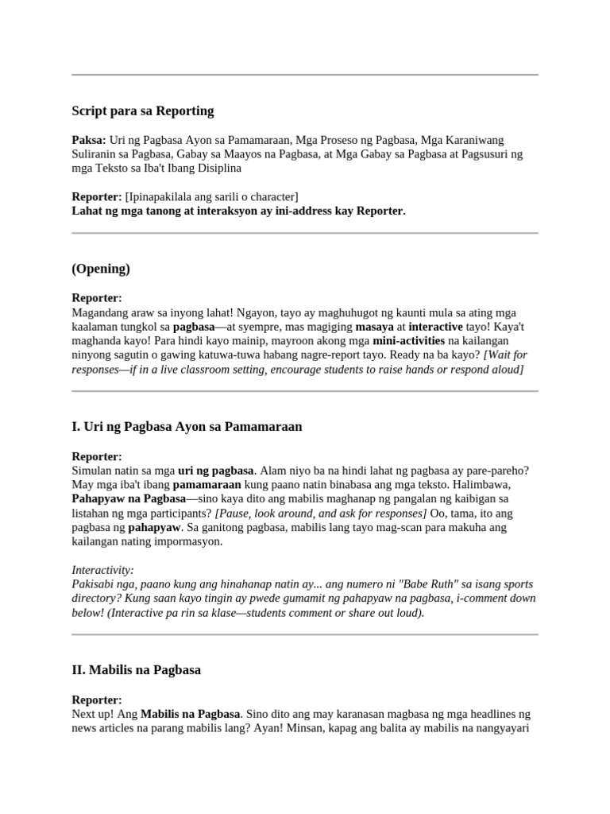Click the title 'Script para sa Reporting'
(x=142, y=111)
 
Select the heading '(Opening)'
(x=101, y=269)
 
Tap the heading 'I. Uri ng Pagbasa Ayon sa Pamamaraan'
(x=187, y=427)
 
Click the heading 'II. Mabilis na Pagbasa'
(x=136, y=670)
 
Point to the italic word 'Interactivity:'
(x=102, y=570)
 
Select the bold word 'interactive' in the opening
(x=435, y=327)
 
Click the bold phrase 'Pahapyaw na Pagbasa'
(x=128, y=498)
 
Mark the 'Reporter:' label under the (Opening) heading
(x=97, y=298)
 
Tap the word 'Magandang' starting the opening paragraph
(x=98, y=312)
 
